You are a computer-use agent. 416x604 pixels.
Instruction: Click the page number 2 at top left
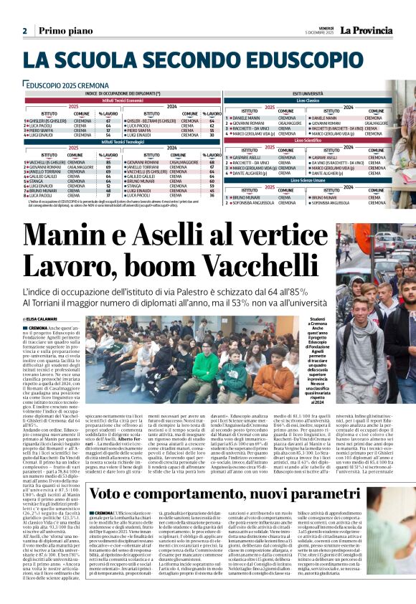click(25, 31)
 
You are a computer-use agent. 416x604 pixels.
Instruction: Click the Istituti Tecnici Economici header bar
click(123, 99)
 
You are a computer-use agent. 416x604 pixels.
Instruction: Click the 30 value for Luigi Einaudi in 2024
click(212, 134)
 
